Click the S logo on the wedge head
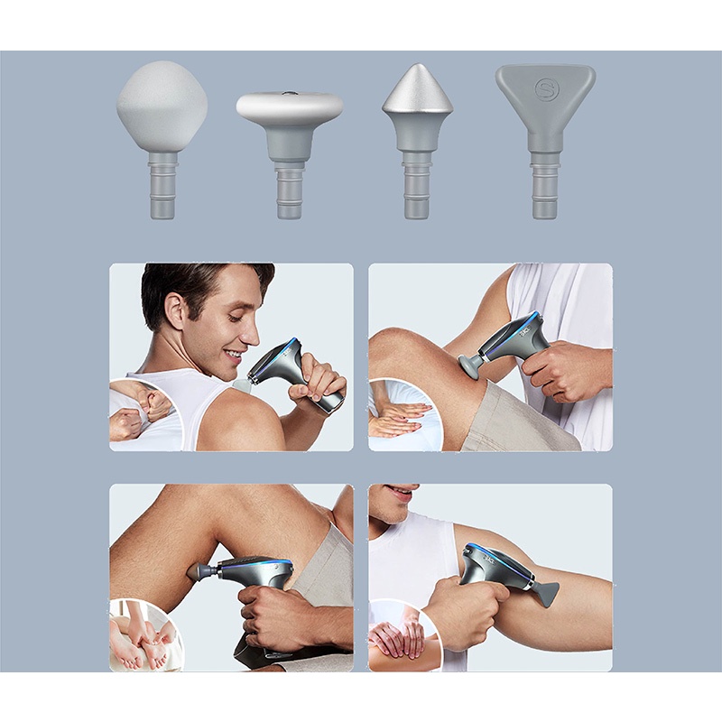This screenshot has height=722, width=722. (544, 88)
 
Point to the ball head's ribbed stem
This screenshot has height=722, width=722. (162, 185)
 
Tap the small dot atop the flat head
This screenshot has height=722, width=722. (289, 93)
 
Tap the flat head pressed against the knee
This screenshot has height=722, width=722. (470, 365)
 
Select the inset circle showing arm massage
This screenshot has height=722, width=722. (403, 637)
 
